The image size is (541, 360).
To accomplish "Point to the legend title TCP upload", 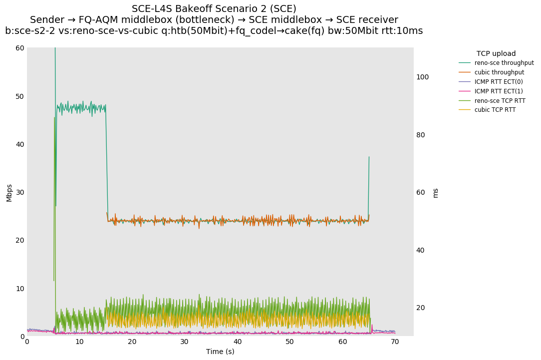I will pos(496,53).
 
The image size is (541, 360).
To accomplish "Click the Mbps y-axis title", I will pos(9,192).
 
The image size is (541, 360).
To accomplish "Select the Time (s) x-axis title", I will pos(220,352).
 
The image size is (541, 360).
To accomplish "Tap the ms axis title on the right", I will pos(435,193).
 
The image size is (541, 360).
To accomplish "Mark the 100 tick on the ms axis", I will pos(423,77).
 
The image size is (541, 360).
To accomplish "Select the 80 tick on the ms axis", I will pos(421,135).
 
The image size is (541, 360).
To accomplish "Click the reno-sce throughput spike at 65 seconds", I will pos(369,157).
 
